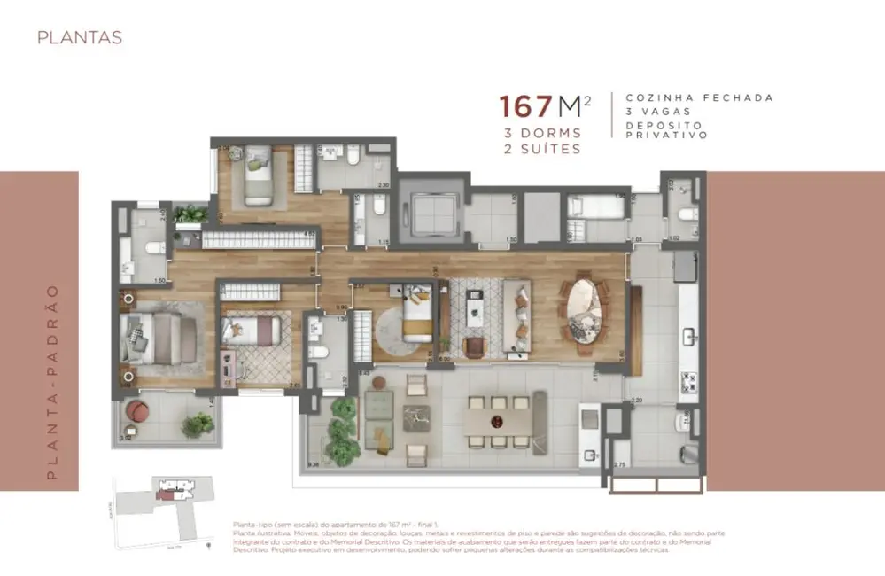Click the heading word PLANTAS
point(79,38)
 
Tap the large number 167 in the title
point(528,106)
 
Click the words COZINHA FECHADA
point(700,97)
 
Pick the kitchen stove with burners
point(688,382)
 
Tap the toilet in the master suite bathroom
point(152,247)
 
